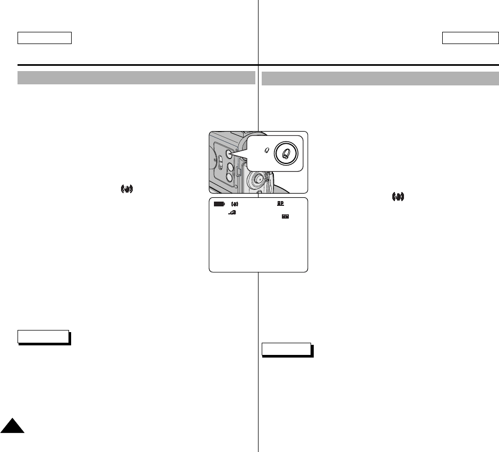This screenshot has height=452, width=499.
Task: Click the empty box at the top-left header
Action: coord(45,38)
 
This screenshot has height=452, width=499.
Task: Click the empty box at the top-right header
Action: coord(471,38)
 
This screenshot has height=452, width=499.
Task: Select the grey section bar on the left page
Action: coord(136,78)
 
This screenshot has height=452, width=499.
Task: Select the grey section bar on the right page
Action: coord(380,79)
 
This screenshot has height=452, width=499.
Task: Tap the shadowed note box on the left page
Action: coord(44,337)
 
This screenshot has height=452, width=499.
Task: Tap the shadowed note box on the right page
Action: coord(287,350)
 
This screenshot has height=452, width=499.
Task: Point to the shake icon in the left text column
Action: coord(126,189)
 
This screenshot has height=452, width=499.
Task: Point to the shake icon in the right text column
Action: coord(398,197)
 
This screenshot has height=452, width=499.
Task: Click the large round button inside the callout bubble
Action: coord(287,153)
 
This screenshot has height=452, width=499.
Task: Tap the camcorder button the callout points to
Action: coord(229,153)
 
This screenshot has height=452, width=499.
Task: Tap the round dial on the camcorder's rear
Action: coord(257,179)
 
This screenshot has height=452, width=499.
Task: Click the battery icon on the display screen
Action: coord(219,204)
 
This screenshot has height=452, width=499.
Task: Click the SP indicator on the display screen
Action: coord(280,203)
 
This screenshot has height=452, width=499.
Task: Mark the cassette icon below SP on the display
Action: coord(286,216)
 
